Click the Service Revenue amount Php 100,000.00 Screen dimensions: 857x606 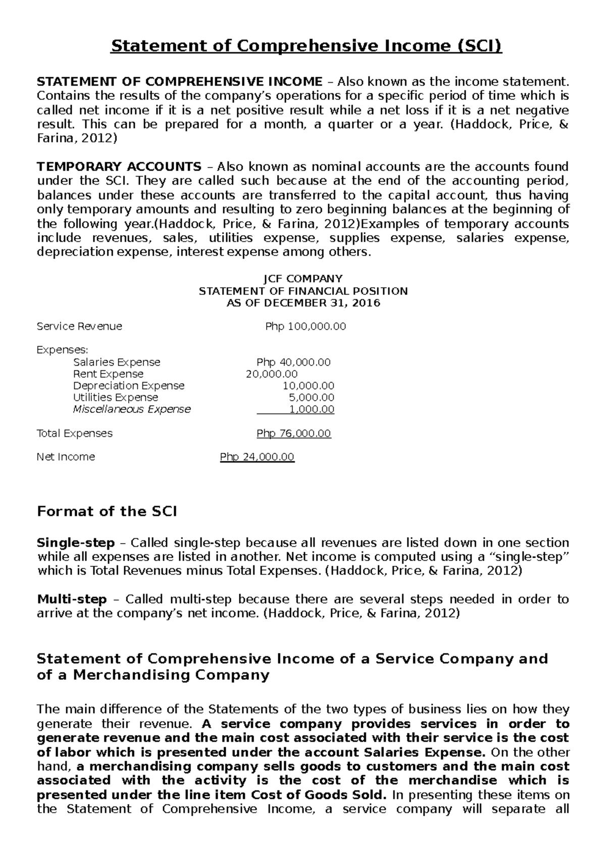306,327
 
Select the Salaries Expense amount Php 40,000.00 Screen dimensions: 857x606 293,362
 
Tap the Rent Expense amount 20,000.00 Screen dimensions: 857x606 272,374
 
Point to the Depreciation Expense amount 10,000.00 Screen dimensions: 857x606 308,386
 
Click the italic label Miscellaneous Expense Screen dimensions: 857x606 132,409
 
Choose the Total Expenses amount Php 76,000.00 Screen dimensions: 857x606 294,434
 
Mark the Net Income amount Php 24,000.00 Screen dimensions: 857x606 257,457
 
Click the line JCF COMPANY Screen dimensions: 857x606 303,279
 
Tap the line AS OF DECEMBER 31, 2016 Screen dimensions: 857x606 303,303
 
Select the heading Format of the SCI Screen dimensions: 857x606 107,512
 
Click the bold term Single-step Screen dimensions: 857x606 76,543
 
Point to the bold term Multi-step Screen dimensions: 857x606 72,600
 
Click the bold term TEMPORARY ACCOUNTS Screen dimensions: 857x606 119,167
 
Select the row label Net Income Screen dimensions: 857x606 66,457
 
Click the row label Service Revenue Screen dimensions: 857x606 79,327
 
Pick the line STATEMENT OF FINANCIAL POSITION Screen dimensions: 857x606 303,291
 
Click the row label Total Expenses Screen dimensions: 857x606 75,434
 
